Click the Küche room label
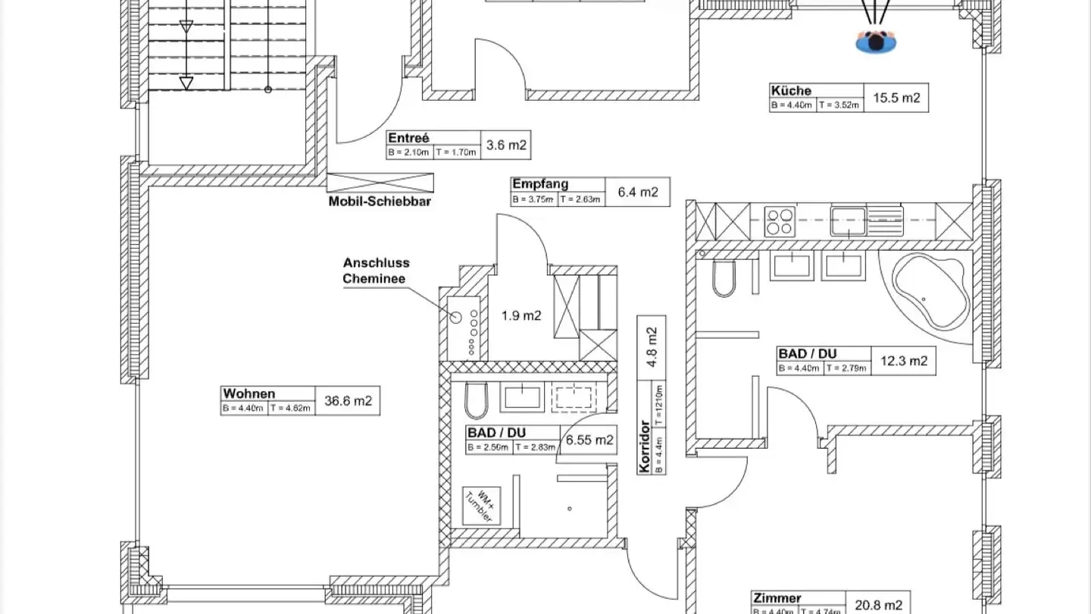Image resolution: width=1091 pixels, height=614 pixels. point(790,91)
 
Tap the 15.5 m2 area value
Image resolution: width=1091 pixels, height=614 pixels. point(896,98)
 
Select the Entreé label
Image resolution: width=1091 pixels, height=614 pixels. point(408,138)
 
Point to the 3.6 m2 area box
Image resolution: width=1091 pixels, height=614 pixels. point(505,146)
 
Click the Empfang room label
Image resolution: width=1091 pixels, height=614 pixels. point(539,183)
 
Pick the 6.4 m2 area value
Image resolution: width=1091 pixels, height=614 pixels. point(637,192)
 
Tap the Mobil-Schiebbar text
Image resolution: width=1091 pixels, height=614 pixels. point(380,202)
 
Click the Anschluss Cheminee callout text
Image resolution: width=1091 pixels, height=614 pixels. point(376,271)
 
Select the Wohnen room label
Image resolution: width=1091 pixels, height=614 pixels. point(249,393)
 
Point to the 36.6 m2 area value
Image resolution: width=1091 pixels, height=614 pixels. point(348,401)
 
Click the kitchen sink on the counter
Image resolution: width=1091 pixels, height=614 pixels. point(848,221)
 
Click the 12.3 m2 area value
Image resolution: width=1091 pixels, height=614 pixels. point(902,361)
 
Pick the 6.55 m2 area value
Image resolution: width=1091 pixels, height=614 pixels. point(588,440)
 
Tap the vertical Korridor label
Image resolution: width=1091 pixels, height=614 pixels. point(645,446)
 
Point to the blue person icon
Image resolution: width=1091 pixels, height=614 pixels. point(877,42)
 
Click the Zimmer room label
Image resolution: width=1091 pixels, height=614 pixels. point(777,598)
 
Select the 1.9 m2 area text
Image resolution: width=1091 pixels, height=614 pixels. point(521,315)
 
